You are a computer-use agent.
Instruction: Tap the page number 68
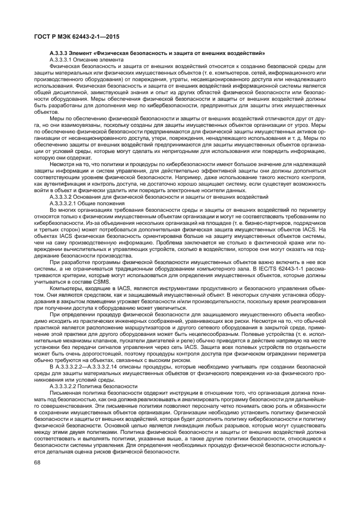tap(38, 462)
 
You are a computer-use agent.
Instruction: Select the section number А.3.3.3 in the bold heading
tap(60, 53)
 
